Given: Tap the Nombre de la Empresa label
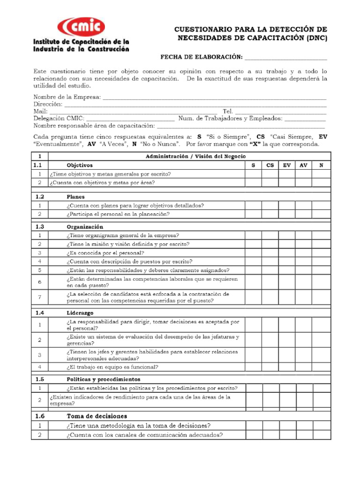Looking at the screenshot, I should click(x=67, y=97).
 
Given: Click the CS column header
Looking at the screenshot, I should click(x=270, y=165).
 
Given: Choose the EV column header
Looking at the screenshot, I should click(x=286, y=165).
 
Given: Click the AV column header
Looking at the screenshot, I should click(x=303, y=165).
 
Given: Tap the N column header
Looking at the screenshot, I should click(x=321, y=165).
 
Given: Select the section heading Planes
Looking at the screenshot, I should click(x=75, y=197).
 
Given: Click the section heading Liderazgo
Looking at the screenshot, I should click(x=80, y=312).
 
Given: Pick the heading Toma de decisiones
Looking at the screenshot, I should click(x=97, y=416).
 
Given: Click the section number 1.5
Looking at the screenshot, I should click(x=40, y=379).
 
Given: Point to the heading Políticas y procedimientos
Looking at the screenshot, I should click(x=103, y=379).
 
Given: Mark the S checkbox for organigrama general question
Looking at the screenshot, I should click(x=253, y=235).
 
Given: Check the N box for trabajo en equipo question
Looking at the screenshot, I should click(x=321, y=367).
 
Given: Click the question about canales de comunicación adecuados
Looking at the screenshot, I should click(x=144, y=435).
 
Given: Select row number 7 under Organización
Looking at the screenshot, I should click(x=40, y=297).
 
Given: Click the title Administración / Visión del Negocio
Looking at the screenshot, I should click(x=192, y=156).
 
